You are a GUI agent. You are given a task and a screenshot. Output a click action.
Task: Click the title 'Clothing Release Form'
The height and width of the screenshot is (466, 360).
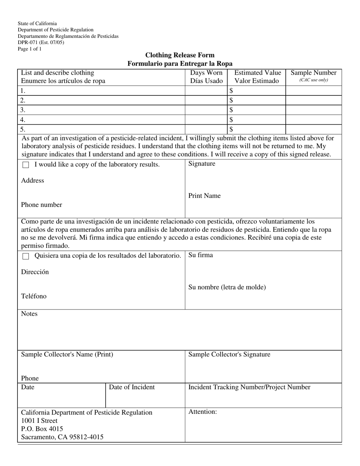180,55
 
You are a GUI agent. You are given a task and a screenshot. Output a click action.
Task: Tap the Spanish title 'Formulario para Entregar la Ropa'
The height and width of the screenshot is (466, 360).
180,64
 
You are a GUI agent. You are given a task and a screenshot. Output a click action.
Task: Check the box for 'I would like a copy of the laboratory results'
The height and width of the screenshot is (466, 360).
26,165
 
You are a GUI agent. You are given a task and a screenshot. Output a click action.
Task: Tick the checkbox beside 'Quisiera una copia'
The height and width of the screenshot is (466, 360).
26,256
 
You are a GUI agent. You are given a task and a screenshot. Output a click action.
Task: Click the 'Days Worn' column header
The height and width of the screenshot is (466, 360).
206,73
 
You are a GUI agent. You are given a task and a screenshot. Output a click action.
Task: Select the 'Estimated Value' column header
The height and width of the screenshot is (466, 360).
258,73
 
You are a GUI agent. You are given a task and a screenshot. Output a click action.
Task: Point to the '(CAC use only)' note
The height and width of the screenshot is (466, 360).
313,80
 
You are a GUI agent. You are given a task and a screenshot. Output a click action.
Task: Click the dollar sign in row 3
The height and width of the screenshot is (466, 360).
231,110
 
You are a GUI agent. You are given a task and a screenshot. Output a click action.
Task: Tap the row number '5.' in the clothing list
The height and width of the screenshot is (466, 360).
23,129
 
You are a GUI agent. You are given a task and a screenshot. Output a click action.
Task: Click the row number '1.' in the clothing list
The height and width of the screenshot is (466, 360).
23,91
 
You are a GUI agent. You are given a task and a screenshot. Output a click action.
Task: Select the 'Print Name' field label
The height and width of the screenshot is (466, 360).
204,196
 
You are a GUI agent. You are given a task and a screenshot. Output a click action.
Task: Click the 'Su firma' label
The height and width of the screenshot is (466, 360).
200,255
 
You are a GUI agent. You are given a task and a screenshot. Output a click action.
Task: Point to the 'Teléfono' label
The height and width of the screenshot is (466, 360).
34,296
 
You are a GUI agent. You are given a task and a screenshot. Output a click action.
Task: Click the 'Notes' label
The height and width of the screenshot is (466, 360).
29,314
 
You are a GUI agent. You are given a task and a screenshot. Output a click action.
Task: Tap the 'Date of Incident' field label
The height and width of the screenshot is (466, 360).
132,387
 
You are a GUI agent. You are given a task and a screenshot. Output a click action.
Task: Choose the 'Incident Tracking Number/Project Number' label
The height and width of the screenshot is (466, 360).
249,387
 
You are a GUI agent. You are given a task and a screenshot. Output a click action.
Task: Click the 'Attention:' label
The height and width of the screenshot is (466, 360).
202,412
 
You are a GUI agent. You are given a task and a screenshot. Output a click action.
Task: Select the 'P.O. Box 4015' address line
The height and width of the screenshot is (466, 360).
42,429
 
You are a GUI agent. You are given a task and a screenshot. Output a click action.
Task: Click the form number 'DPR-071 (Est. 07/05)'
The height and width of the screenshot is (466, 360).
41,42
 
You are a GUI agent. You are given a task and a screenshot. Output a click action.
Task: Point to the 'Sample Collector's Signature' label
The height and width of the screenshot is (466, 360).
229,355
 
